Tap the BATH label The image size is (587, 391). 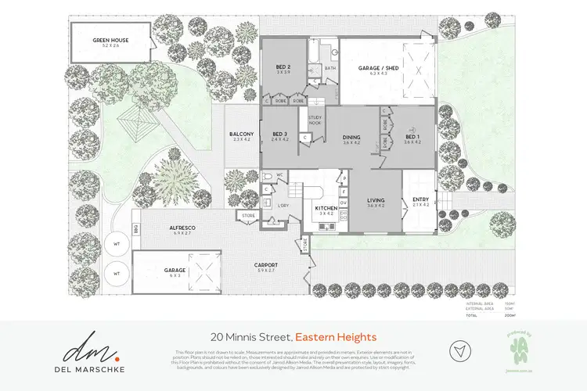pos(330,68)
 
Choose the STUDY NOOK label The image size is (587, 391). pos(315,120)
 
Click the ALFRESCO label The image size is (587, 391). pos(181,228)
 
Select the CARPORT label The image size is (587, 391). pos(266,265)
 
